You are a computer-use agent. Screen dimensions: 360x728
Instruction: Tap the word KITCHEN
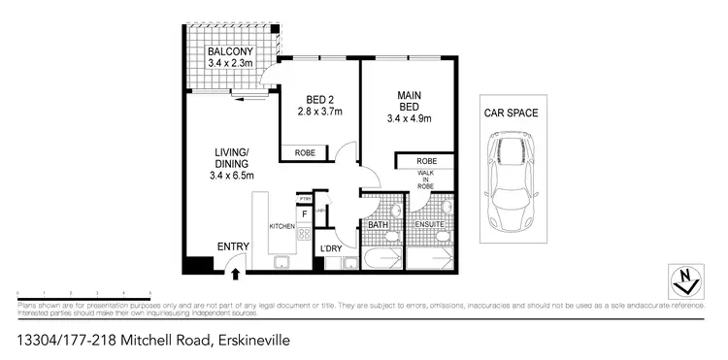(x=281, y=225)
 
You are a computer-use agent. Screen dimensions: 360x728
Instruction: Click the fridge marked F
(x=304, y=213)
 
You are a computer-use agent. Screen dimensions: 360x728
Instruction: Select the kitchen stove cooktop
(x=303, y=233)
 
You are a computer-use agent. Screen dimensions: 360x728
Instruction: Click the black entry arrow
(x=236, y=273)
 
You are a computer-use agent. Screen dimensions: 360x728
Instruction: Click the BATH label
(x=378, y=225)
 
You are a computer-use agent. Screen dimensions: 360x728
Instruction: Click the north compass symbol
(x=686, y=280)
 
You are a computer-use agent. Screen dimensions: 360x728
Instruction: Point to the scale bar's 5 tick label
(x=150, y=292)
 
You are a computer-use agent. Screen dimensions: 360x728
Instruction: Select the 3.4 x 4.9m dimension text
(x=407, y=118)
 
